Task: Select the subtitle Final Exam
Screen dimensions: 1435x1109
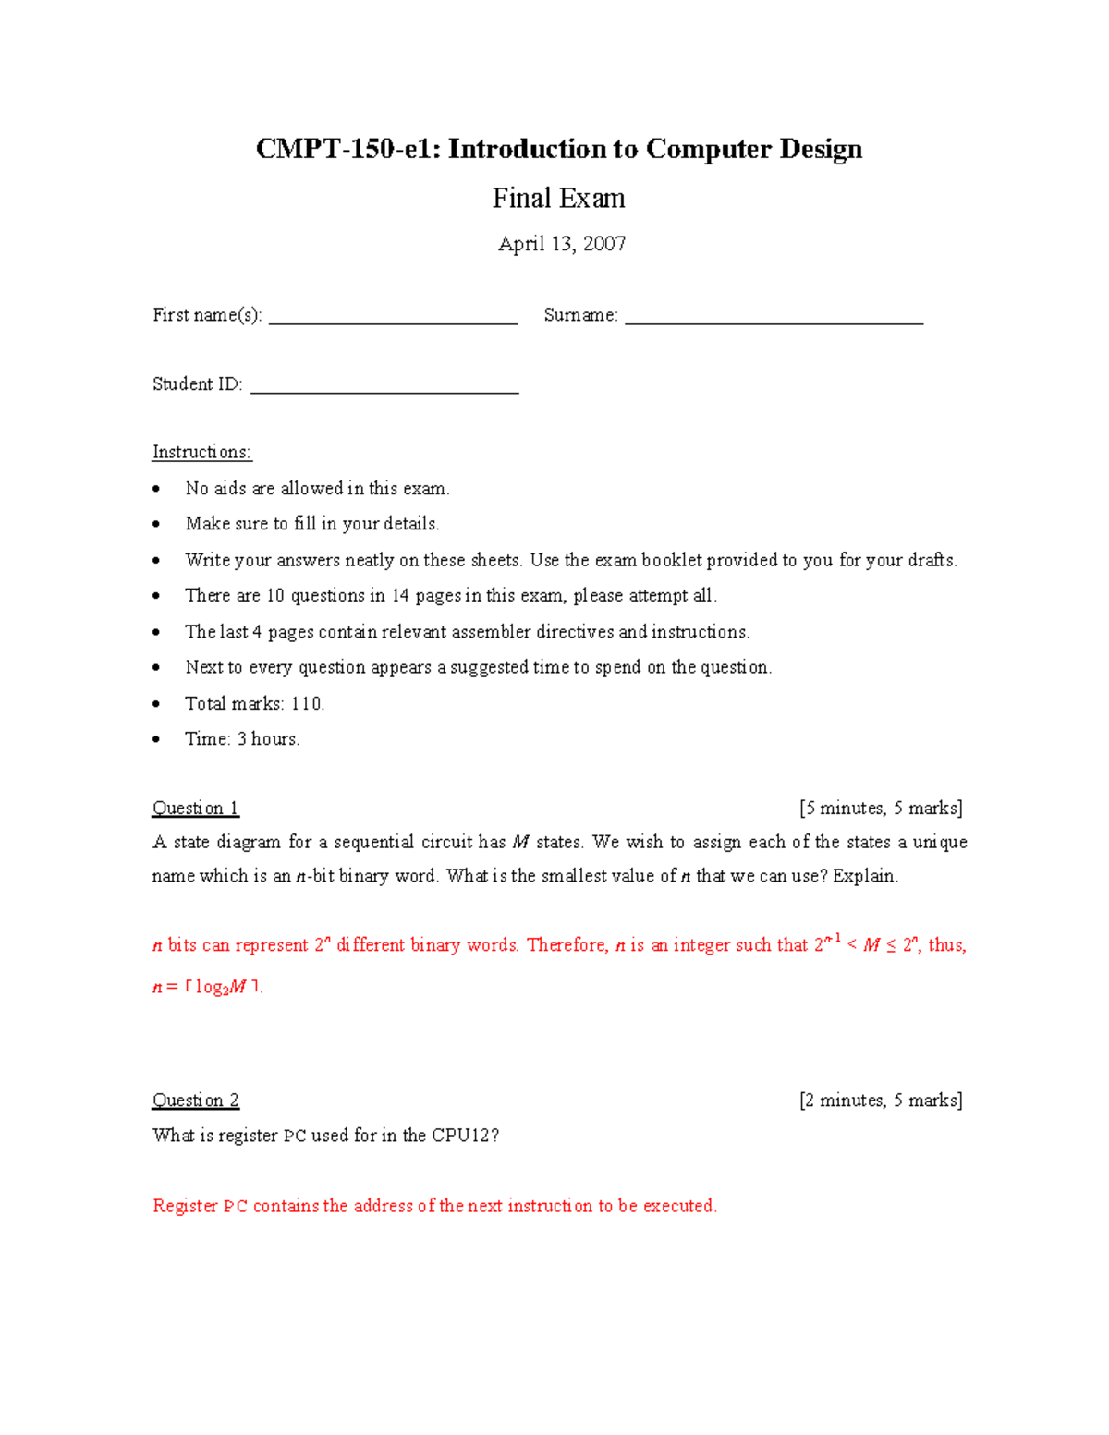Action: pyautogui.click(x=558, y=198)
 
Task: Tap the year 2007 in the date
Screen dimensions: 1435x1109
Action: pyautogui.click(x=604, y=244)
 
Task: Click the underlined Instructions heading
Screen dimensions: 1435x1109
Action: pyautogui.click(x=201, y=452)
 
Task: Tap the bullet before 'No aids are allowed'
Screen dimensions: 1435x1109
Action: pyautogui.click(x=157, y=489)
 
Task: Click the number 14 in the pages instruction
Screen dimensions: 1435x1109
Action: pyautogui.click(x=400, y=596)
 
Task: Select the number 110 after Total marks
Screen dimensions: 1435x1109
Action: pyautogui.click(x=307, y=704)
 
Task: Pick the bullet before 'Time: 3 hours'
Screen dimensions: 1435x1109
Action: pyautogui.click(x=157, y=739)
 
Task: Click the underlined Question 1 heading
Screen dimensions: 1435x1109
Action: pyautogui.click(x=195, y=809)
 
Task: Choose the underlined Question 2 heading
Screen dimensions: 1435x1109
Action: pyautogui.click(x=195, y=1101)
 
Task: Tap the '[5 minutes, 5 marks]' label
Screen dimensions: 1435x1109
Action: pyautogui.click(x=881, y=809)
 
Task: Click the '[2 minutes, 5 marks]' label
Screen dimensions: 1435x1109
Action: pyautogui.click(x=881, y=1101)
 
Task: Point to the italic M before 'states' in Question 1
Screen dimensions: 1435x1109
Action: pyautogui.click(x=520, y=843)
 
